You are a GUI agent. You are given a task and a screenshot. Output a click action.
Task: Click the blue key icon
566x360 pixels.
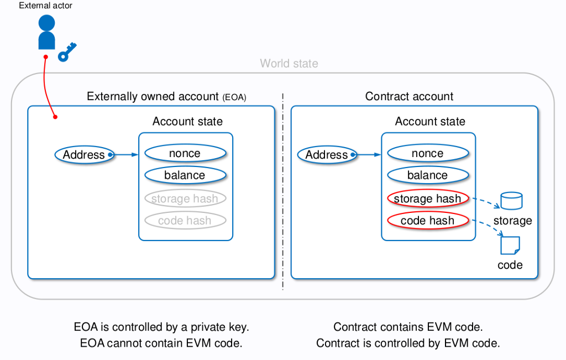pyautogui.click(x=67, y=52)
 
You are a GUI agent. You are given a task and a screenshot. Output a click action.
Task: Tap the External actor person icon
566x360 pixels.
pyautogui.click(x=46, y=33)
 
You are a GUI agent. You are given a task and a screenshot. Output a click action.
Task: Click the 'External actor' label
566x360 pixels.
pyautogui.click(x=45, y=6)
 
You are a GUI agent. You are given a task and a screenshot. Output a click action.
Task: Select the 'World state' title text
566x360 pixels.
pyautogui.click(x=289, y=64)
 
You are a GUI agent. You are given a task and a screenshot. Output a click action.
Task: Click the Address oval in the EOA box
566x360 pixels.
pyautogui.click(x=84, y=155)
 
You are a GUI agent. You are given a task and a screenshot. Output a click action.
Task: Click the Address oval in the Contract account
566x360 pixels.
pyautogui.click(x=327, y=155)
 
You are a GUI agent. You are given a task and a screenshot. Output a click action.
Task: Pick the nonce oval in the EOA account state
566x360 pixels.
pyautogui.click(x=185, y=153)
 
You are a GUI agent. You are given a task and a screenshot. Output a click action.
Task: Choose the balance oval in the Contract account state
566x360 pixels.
pyautogui.click(x=428, y=175)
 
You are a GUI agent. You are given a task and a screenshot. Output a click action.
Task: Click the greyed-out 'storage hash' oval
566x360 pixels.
pyautogui.click(x=185, y=199)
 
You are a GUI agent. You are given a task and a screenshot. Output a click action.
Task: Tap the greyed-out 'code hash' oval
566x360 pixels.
pyautogui.click(x=185, y=221)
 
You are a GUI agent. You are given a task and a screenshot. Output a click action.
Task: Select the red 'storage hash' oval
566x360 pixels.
pyautogui.click(x=428, y=199)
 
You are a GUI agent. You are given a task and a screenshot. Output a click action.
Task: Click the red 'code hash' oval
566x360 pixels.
pyautogui.click(x=428, y=221)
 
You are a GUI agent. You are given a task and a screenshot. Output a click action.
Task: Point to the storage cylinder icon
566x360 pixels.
pyautogui.click(x=511, y=201)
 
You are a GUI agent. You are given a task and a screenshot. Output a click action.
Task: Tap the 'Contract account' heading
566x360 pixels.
pyautogui.click(x=409, y=97)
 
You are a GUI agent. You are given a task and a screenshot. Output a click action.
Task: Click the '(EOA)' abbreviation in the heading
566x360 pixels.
pyautogui.click(x=234, y=98)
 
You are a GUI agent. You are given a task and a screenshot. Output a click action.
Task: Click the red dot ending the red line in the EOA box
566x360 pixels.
pyautogui.click(x=55, y=117)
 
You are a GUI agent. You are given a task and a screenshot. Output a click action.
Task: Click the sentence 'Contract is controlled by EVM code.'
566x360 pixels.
pyautogui.click(x=408, y=343)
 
